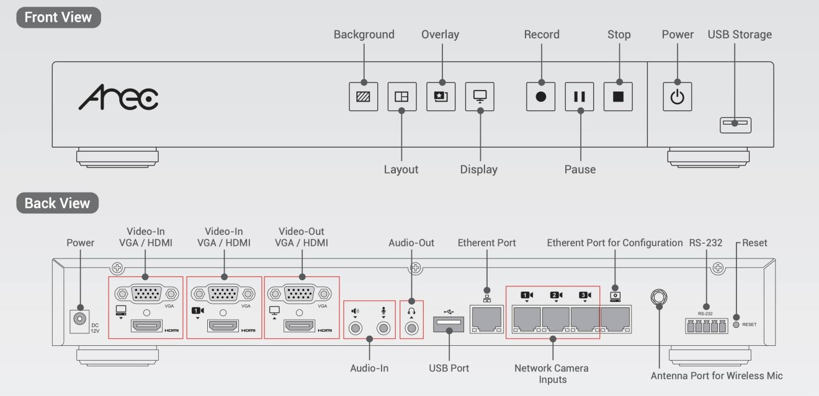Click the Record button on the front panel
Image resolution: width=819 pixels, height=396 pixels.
click(540, 97)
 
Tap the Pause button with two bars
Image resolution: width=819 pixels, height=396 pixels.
click(580, 97)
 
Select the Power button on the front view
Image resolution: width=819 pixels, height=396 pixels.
click(677, 97)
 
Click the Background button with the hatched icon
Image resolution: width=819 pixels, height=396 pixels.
click(364, 97)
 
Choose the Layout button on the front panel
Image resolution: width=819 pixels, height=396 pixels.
click(402, 97)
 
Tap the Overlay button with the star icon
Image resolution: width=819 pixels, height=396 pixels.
click(441, 97)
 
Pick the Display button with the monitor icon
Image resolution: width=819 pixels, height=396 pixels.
click(480, 97)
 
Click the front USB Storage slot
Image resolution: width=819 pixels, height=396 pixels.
click(735, 124)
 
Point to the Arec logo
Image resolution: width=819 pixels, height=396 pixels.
click(118, 98)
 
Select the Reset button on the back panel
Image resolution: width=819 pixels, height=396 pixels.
click(736, 324)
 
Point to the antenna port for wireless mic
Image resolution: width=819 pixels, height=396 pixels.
click(658, 297)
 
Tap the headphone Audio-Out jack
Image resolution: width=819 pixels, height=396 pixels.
click(410, 328)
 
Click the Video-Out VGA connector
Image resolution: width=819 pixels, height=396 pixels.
click(302, 293)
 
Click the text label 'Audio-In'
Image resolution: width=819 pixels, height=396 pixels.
click(369, 368)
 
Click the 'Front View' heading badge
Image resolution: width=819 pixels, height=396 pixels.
click(58, 17)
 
